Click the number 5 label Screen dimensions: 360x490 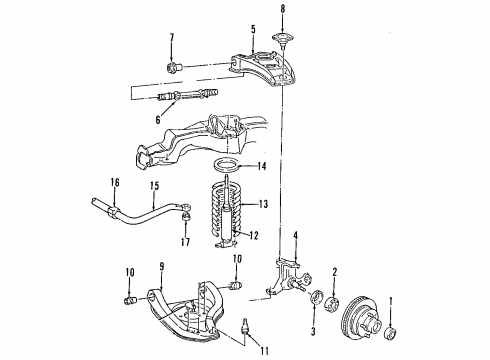253,29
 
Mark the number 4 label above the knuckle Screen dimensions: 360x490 296,236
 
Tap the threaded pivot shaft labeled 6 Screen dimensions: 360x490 180,98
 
